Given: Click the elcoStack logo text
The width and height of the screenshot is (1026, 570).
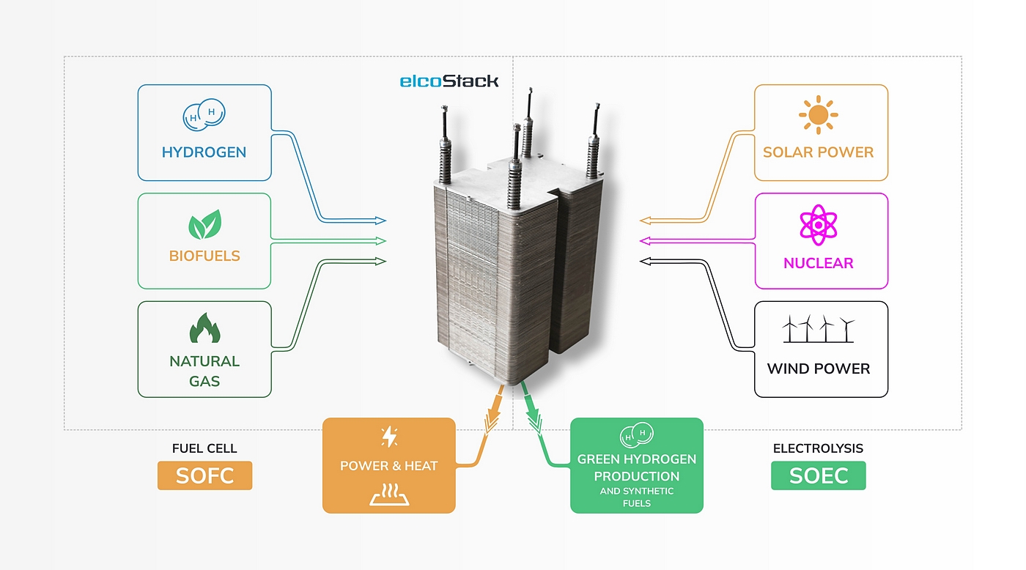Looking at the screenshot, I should coord(449,81).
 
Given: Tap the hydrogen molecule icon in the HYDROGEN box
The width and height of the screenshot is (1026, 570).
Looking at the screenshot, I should coord(204,115).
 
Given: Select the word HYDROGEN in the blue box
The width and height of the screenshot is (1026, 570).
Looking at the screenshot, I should coord(204,152).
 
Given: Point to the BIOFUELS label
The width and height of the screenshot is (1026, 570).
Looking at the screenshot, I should coord(204,256).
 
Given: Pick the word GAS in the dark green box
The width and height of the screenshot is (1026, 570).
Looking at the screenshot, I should coord(204,381).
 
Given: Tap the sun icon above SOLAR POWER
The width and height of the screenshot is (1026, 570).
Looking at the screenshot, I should coord(818,114).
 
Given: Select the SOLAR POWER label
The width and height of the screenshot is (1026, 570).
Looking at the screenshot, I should coord(818,152).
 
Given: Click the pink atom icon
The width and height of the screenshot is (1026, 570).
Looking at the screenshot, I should coord(818,225).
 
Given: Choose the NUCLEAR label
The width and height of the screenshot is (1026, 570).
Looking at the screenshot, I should coord(818,263).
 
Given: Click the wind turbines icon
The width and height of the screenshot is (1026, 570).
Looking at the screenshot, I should coord(818,329).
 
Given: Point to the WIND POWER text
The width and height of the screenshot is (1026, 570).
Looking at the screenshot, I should coord(818,369).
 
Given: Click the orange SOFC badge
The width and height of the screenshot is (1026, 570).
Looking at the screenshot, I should coord(204,475).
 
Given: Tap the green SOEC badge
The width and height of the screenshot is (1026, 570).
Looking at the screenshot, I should coord(818,475).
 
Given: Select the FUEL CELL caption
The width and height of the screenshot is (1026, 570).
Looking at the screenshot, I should coord(204,448).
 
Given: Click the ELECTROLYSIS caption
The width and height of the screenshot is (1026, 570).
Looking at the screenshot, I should coord(818,448).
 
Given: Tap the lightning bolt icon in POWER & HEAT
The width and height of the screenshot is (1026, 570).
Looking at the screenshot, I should coord(389,437).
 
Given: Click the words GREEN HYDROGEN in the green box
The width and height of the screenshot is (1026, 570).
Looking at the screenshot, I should coord(636,459).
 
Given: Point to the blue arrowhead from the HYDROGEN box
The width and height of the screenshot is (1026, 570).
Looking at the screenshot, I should coord(380,221).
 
